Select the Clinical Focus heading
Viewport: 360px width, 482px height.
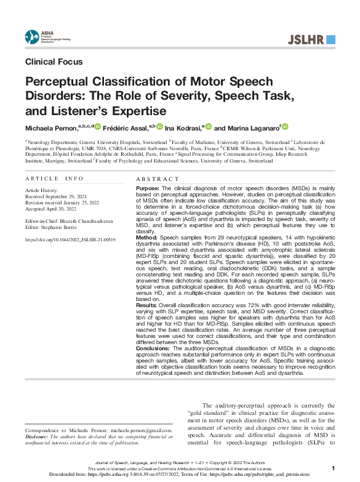[x=54, y=62]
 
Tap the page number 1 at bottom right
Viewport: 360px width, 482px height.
[x=333, y=468]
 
